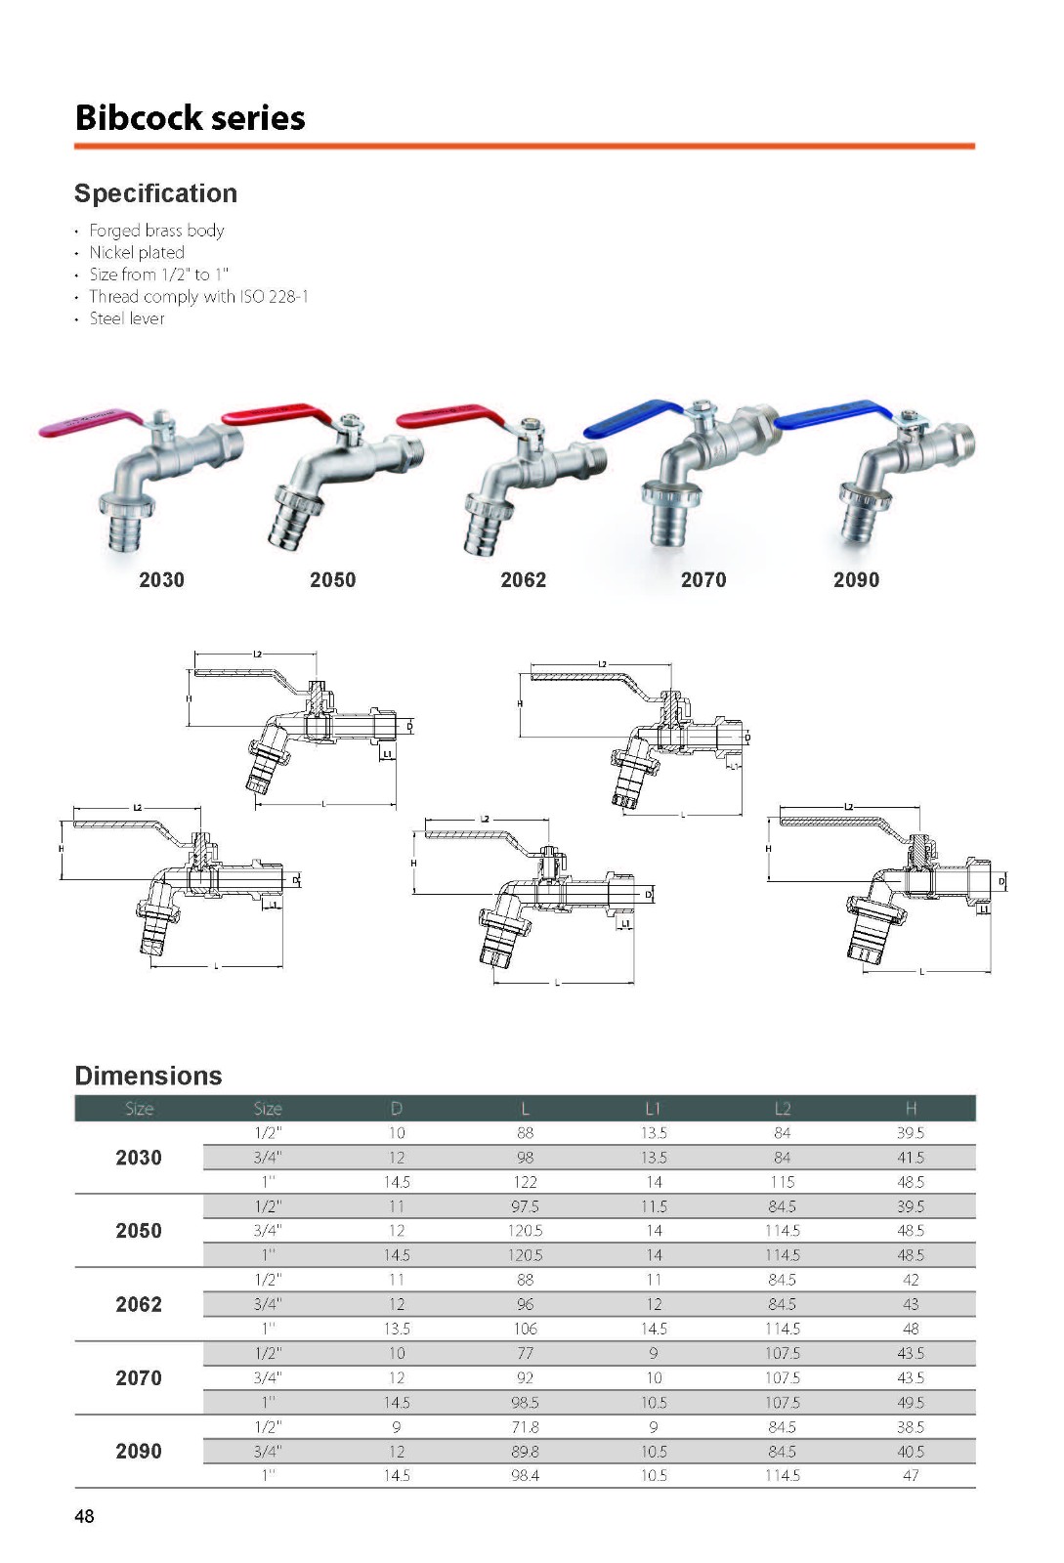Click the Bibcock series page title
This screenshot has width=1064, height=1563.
tap(190, 117)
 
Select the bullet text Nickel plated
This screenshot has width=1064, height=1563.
tap(137, 252)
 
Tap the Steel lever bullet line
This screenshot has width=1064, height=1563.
tap(127, 318)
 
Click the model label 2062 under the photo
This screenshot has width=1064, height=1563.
tap(524, 580)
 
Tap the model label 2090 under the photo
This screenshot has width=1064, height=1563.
tap(856, 580)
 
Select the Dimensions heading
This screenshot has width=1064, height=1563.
tap(149, 1076)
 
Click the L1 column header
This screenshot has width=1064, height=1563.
tap(653, 1108)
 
